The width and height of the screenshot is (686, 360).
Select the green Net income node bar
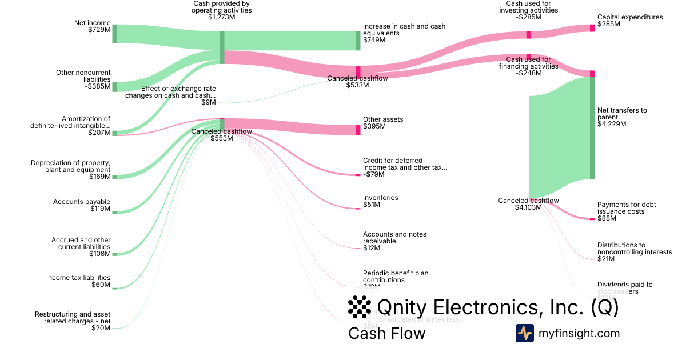pos(114,34)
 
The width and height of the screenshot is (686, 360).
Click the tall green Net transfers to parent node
pos(592,127)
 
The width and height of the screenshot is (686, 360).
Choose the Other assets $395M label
pos(383,122)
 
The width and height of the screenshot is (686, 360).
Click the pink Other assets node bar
pos(358,130)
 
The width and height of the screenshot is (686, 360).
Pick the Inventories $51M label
pos(380,201)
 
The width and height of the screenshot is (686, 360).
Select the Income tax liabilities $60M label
pos(78,281)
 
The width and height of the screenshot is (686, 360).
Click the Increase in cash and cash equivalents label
pos(404,33)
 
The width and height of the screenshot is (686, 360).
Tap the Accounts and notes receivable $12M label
pos(394,241)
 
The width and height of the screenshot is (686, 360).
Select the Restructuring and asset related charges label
pos(73,321)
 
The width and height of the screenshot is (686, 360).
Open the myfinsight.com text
pos(579,333)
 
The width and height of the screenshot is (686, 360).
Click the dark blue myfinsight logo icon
pos(524,333)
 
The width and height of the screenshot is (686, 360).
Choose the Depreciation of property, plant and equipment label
pos(71,170)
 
